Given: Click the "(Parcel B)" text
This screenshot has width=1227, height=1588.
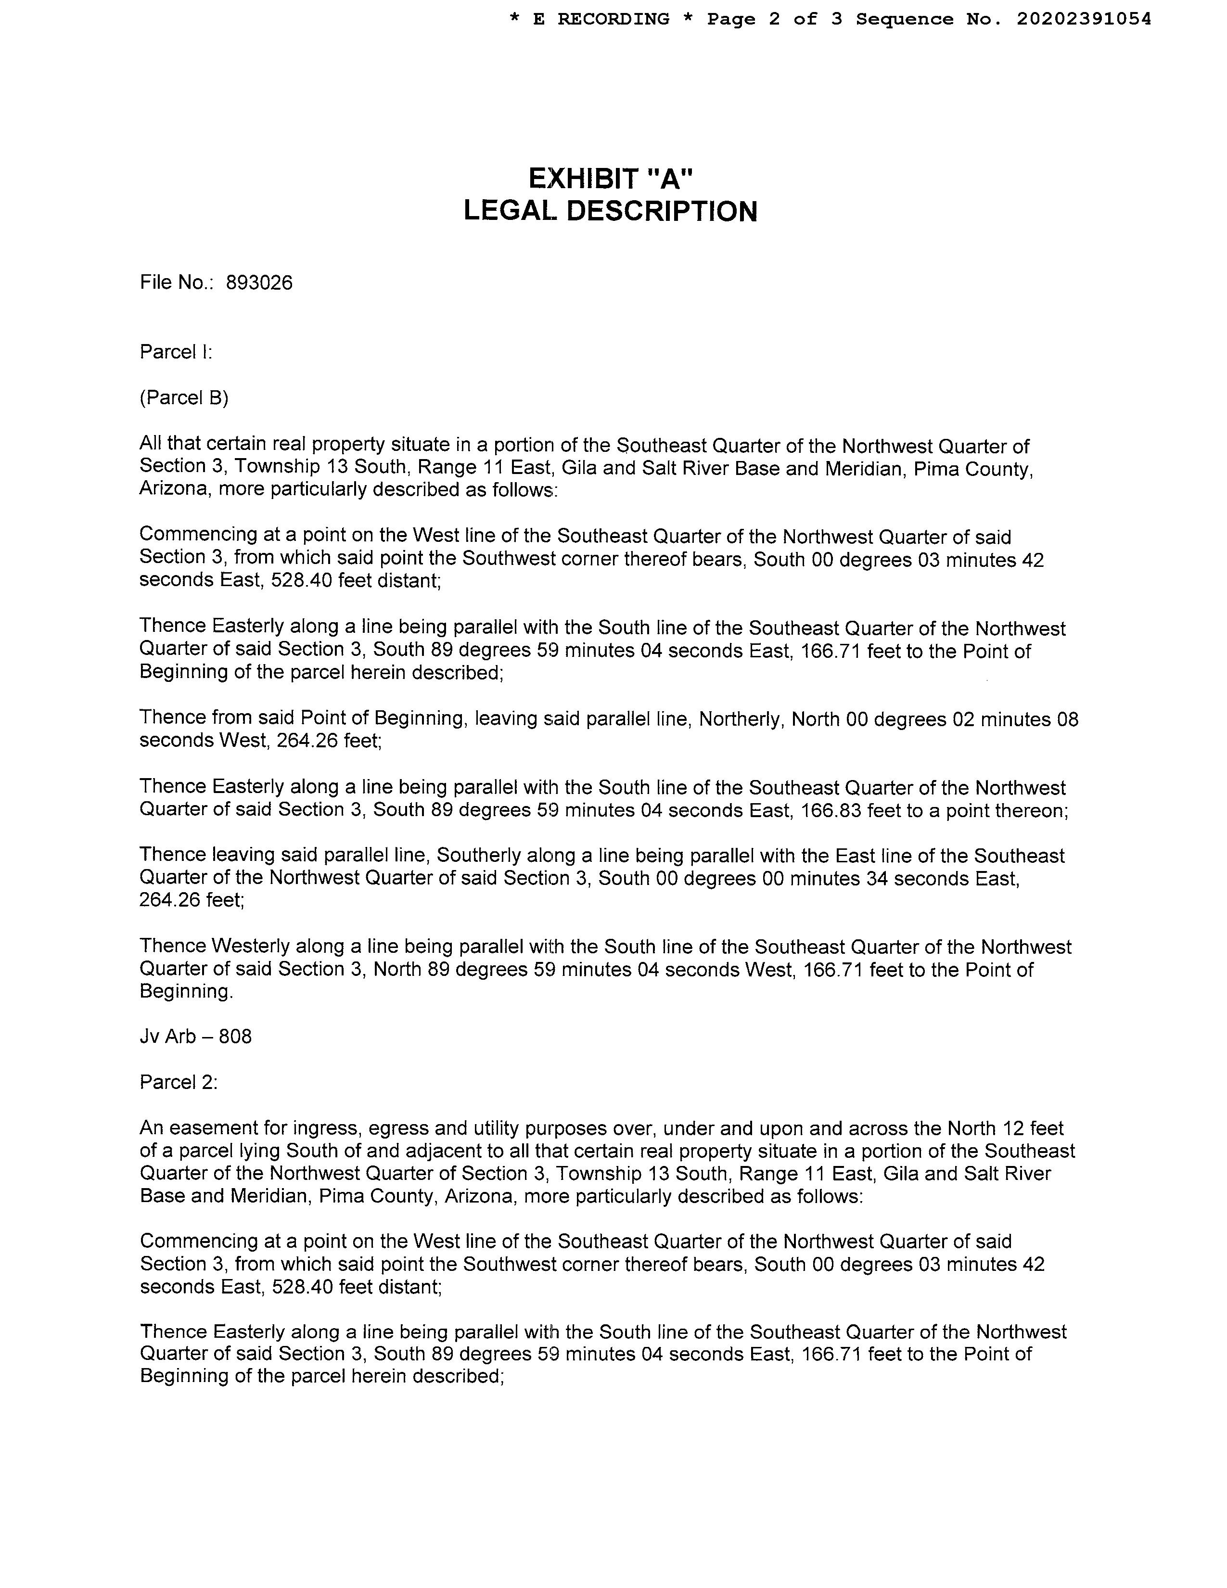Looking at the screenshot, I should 184,398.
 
